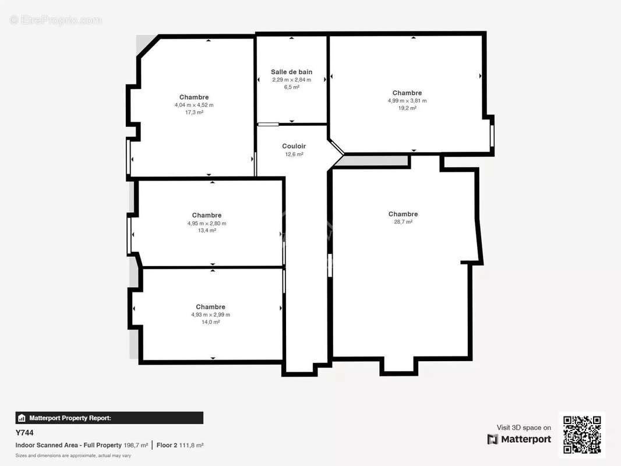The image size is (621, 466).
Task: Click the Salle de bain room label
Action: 291,72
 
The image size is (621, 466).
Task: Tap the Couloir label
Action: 294,146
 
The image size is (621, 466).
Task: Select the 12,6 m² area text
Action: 294,154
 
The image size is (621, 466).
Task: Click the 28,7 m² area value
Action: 403,222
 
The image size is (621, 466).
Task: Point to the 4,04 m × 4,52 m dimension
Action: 194,105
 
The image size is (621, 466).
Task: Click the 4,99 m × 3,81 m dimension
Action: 407,101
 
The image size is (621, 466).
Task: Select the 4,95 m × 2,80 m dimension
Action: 207,223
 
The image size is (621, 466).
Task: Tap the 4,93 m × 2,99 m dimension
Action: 211,315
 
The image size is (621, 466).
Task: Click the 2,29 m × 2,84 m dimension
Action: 291,80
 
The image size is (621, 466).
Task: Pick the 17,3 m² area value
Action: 194,112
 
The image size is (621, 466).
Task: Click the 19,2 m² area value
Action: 407,108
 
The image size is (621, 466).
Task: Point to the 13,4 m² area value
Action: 207,231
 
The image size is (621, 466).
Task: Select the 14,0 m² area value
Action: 211,322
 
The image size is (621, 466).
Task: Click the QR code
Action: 582,435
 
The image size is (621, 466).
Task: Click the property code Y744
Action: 24,433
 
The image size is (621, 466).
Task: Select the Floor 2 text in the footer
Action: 167,445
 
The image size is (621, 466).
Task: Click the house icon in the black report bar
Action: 22,418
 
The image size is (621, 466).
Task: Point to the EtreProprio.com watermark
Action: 56,20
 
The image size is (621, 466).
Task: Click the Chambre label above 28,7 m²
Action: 403,214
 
